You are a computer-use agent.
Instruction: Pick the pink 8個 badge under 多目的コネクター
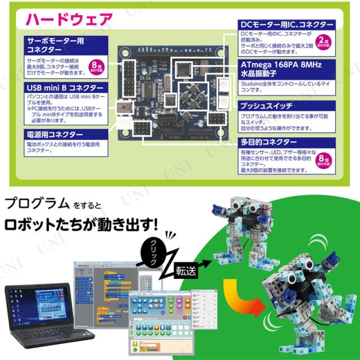click(323, 162)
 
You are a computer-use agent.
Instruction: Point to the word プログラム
click(34, 201)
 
